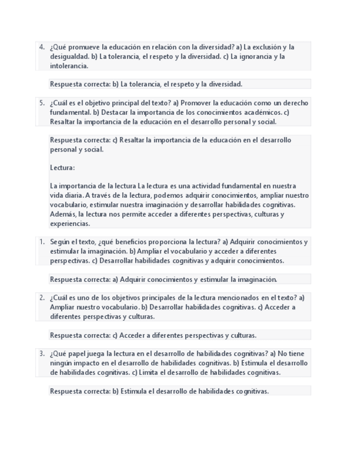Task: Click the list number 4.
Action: (x=42, y=47)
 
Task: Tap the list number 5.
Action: (x=42, y=103)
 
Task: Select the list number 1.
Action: (x=42, y=242)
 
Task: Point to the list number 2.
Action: (x=42, y=298)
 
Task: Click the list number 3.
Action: (x=42, y=354)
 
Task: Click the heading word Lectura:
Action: (x=62, y=168)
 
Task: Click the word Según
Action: (x=59, y=242)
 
